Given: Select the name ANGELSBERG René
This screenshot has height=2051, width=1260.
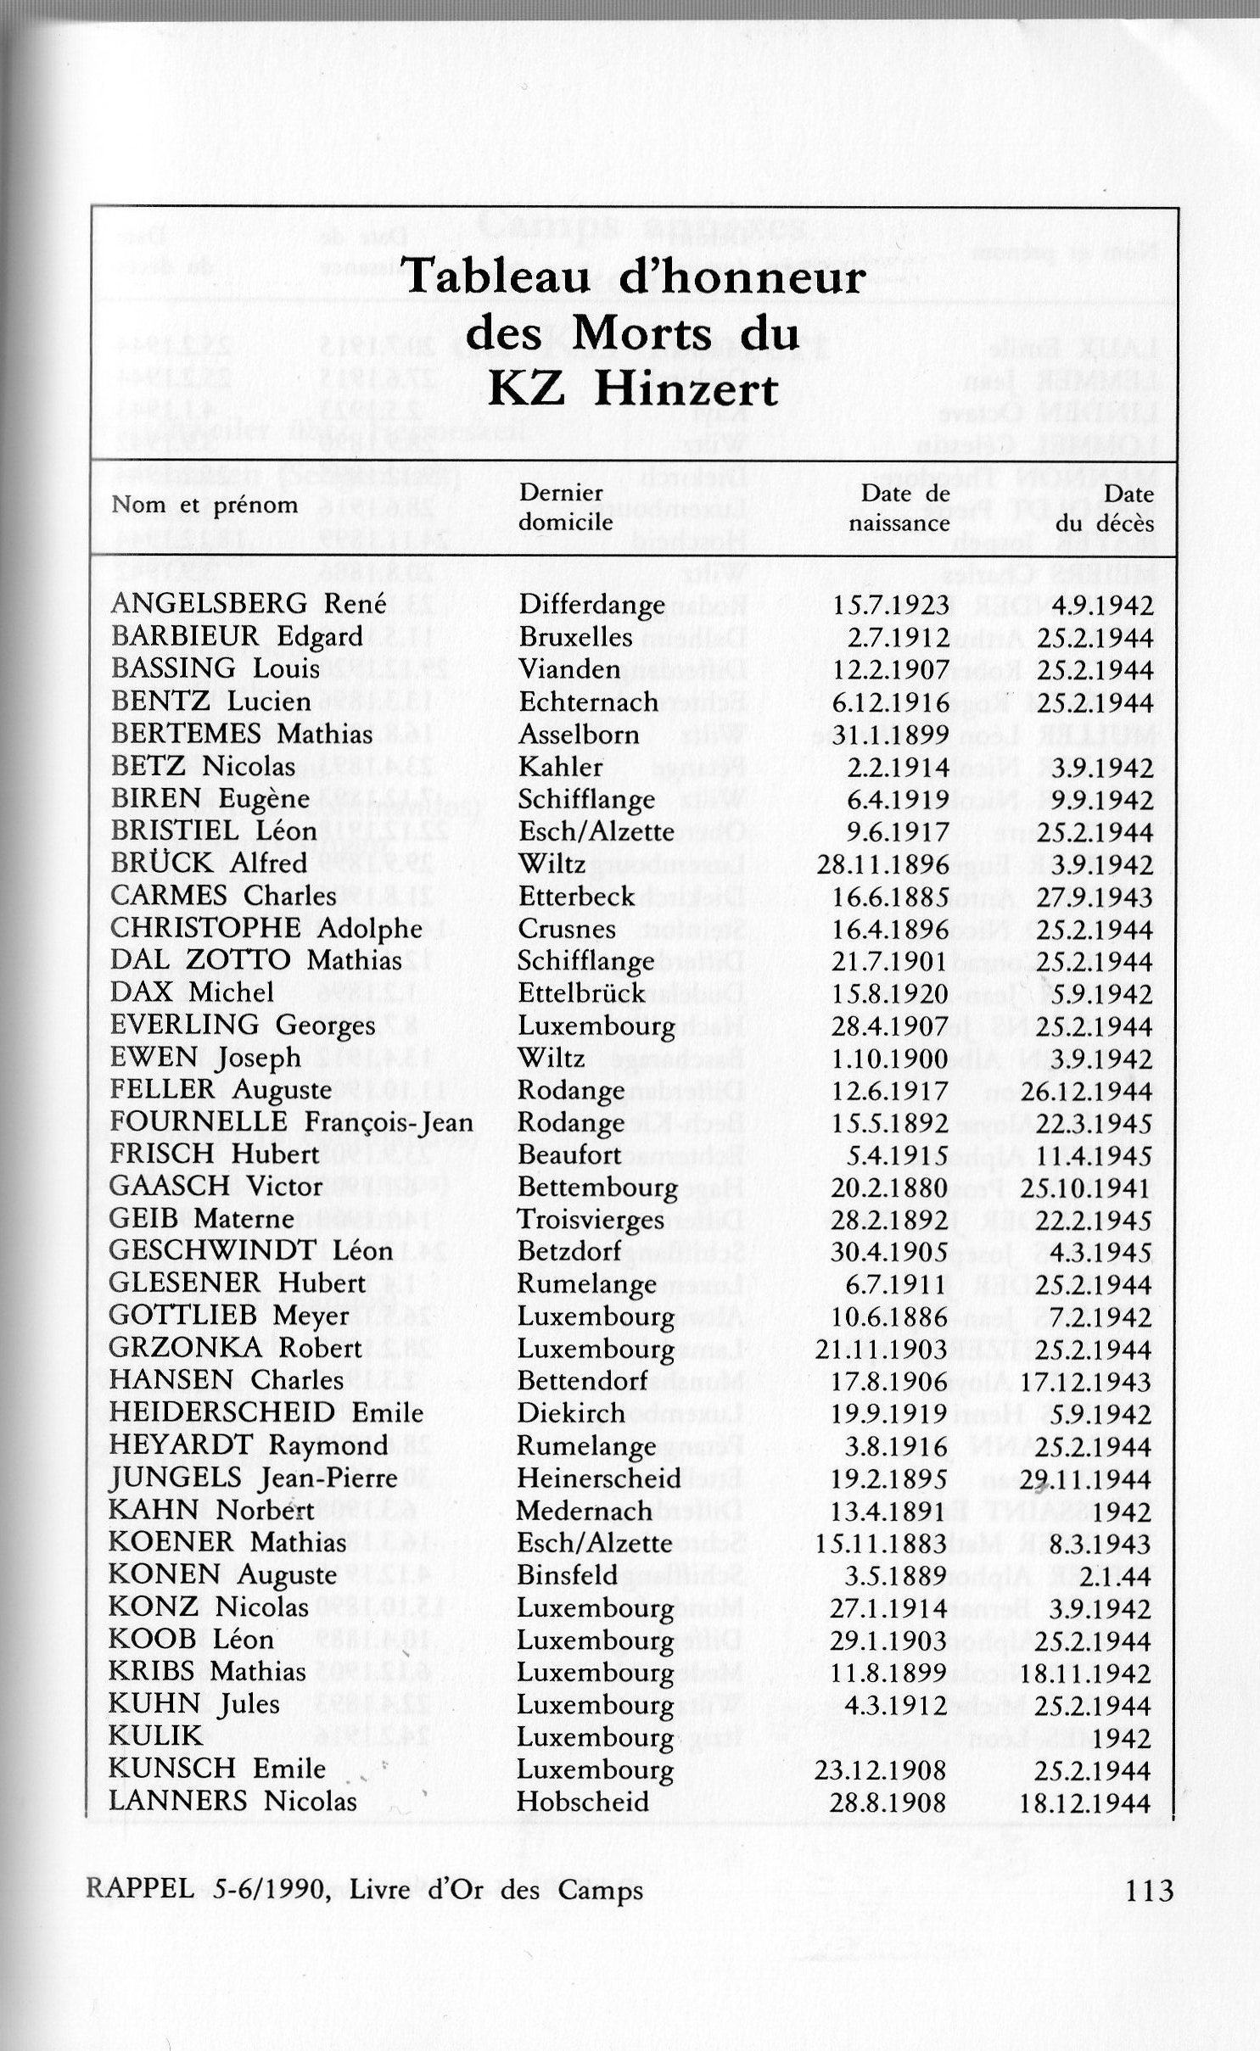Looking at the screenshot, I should (x=248, y=605).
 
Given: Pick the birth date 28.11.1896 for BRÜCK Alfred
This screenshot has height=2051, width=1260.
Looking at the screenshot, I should (x=882, y=864).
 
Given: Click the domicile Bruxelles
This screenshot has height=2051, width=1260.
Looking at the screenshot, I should (x=576, y=637).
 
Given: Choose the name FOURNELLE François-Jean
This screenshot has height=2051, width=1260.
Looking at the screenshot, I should (x=291, y=1122).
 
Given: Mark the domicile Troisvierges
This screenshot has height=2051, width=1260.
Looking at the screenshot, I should (x=591, y=1220).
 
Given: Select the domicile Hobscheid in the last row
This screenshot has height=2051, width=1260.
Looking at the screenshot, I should (x=583, y=1802).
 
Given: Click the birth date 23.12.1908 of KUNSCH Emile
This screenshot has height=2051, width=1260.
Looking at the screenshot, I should (x=881, y=1769).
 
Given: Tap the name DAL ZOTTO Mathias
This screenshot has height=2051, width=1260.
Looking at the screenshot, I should (x=256, y=960).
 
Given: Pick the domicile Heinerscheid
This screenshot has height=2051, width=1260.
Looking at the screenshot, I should (x=599, y=1478).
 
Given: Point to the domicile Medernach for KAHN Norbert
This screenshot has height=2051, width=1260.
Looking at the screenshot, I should (x=585, y=1511).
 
